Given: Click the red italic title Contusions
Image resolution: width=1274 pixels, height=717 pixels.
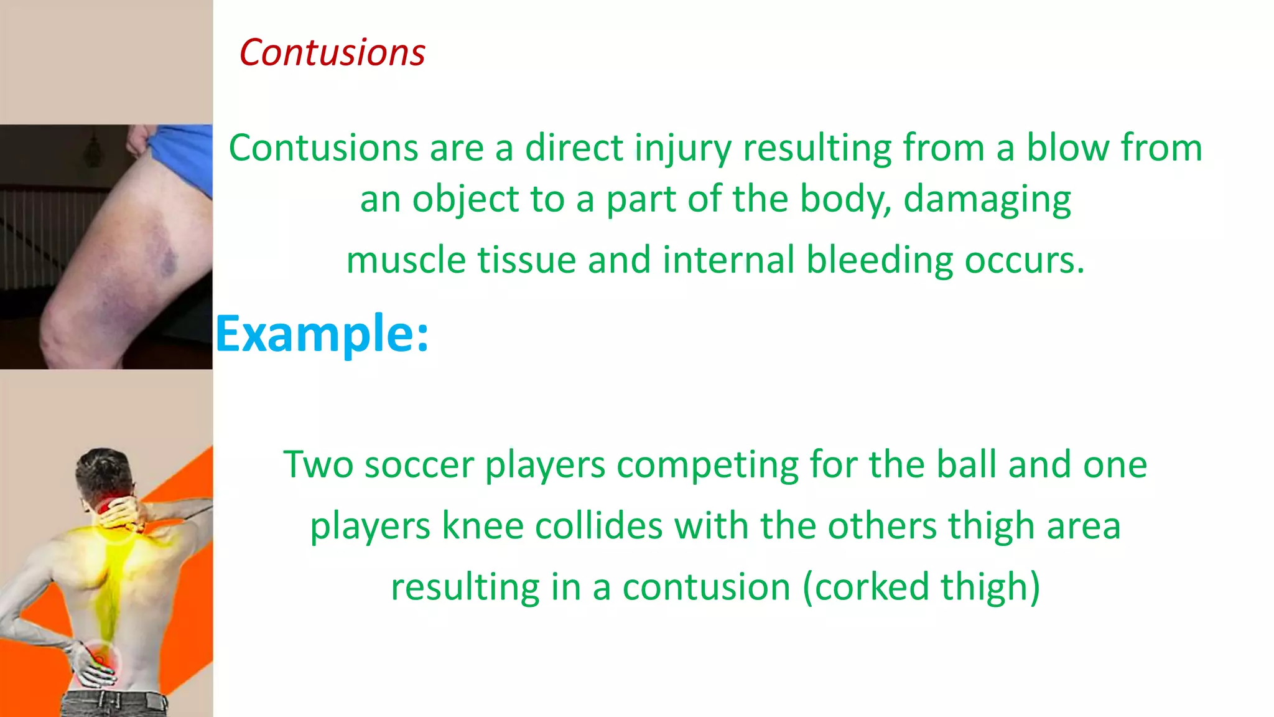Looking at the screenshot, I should tap(332, 52).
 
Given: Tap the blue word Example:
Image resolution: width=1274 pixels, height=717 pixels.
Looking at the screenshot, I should tap(322, 334).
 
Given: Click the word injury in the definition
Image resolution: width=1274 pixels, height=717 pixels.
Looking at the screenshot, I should tap(682, 149).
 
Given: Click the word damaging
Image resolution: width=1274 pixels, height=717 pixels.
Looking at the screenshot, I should tap(987, 200).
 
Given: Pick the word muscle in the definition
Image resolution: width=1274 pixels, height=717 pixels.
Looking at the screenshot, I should tap(406, 260).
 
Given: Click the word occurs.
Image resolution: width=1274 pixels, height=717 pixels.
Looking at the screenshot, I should tap(1024, 260).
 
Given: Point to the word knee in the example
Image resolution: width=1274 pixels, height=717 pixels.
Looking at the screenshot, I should tap(482, 526).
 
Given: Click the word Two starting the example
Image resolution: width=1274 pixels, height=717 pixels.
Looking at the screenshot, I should tap(318, 465).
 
